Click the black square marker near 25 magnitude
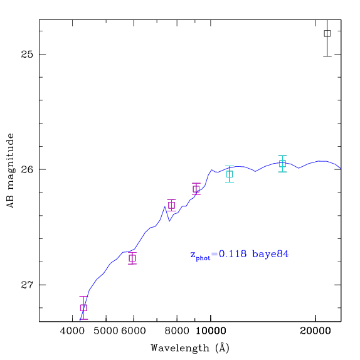click(327, 33)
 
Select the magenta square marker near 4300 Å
click(83, 308)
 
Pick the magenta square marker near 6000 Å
click(132, 258)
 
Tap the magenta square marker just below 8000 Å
click(171, 205)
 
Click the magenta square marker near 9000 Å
click(196, 189)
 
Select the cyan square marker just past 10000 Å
click(230, 174)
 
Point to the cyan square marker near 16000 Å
click(282, 164)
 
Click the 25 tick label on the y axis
click(27, 54)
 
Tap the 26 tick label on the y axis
click(27, 169)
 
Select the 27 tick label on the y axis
click(27, 285)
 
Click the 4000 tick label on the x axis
click(72, 331)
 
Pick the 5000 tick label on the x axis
click(106, 331)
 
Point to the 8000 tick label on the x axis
click(177, 331)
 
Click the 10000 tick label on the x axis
click(211, 331)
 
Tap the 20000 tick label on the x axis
click(315, 331)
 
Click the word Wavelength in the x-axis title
click(180, 348)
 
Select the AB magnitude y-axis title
click(11, 171)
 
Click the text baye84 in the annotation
click(270, 254)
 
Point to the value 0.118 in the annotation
click(233, 254)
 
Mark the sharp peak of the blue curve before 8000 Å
click(164, 207)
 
